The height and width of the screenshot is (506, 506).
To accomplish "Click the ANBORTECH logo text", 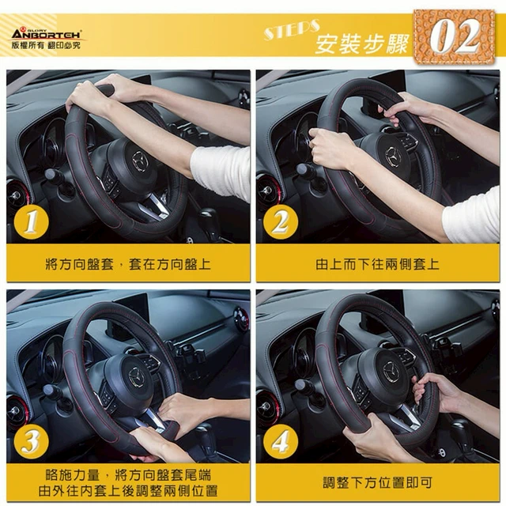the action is click(x=47, y=34).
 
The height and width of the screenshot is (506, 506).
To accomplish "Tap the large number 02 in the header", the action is click(x=455, y=36).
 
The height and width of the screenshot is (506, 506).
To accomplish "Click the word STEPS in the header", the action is click(x=292, y=29).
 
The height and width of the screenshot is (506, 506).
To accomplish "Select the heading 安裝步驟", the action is click(x=361, y=43).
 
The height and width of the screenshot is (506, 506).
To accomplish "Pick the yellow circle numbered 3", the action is click(x=32, y=442).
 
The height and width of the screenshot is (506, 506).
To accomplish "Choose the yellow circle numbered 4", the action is click(x=281, y=442).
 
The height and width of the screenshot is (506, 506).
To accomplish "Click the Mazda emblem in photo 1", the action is click(x=140, y=160).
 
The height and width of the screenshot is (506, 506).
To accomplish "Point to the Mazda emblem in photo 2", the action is click(x=394, y=157).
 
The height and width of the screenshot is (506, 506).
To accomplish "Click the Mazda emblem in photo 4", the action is click(x=391, y=372).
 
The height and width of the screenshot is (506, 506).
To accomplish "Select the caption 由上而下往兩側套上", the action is click(x=377, y=264).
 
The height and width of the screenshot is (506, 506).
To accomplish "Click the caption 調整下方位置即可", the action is click(x=378, y=483).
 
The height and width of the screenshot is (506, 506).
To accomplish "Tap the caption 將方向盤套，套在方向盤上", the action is click(x=128, y=264).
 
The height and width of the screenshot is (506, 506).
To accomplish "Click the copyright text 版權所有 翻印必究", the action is click(x=46, y=45).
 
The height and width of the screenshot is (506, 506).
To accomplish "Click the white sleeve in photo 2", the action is click(x=472, y=216).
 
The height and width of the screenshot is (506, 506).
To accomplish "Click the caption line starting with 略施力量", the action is click(x=128, y=475).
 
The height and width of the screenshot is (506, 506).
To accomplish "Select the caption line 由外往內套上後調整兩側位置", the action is click(x=128, y=491).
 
